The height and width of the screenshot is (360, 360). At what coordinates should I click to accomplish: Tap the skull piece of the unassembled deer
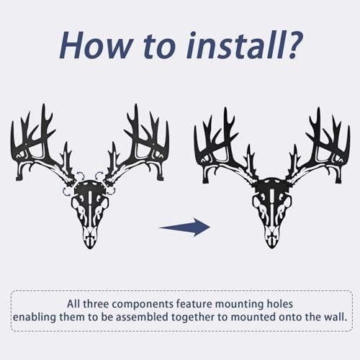(x=90, y=209)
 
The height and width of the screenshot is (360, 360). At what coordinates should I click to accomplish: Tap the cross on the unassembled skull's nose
(x=90, y=237)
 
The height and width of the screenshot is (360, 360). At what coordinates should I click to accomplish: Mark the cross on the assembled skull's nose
(x=271, y=237)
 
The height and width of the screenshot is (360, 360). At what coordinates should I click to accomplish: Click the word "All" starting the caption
(x=74, y=303)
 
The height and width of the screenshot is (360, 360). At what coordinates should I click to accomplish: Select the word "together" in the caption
(x=205, y=317)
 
